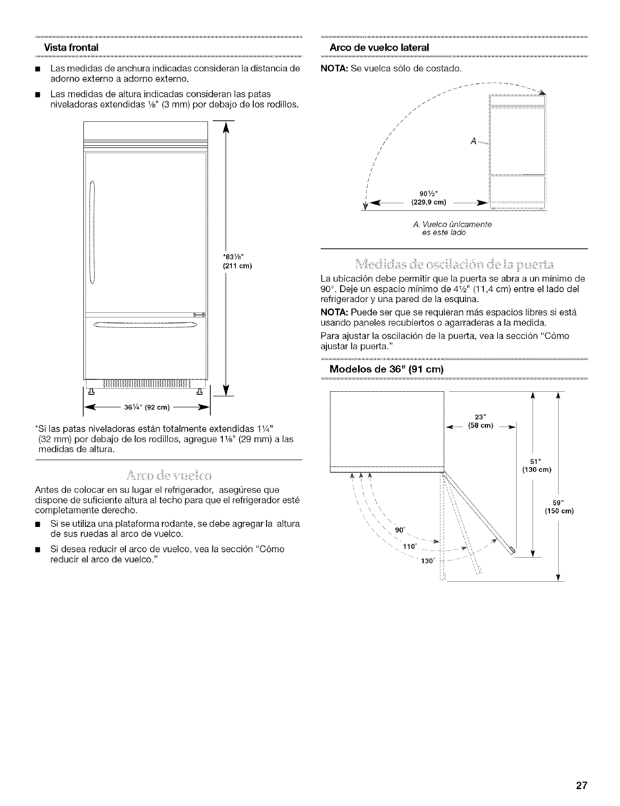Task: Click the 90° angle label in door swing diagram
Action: coord(400,529)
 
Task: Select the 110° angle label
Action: coord(410,546)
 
